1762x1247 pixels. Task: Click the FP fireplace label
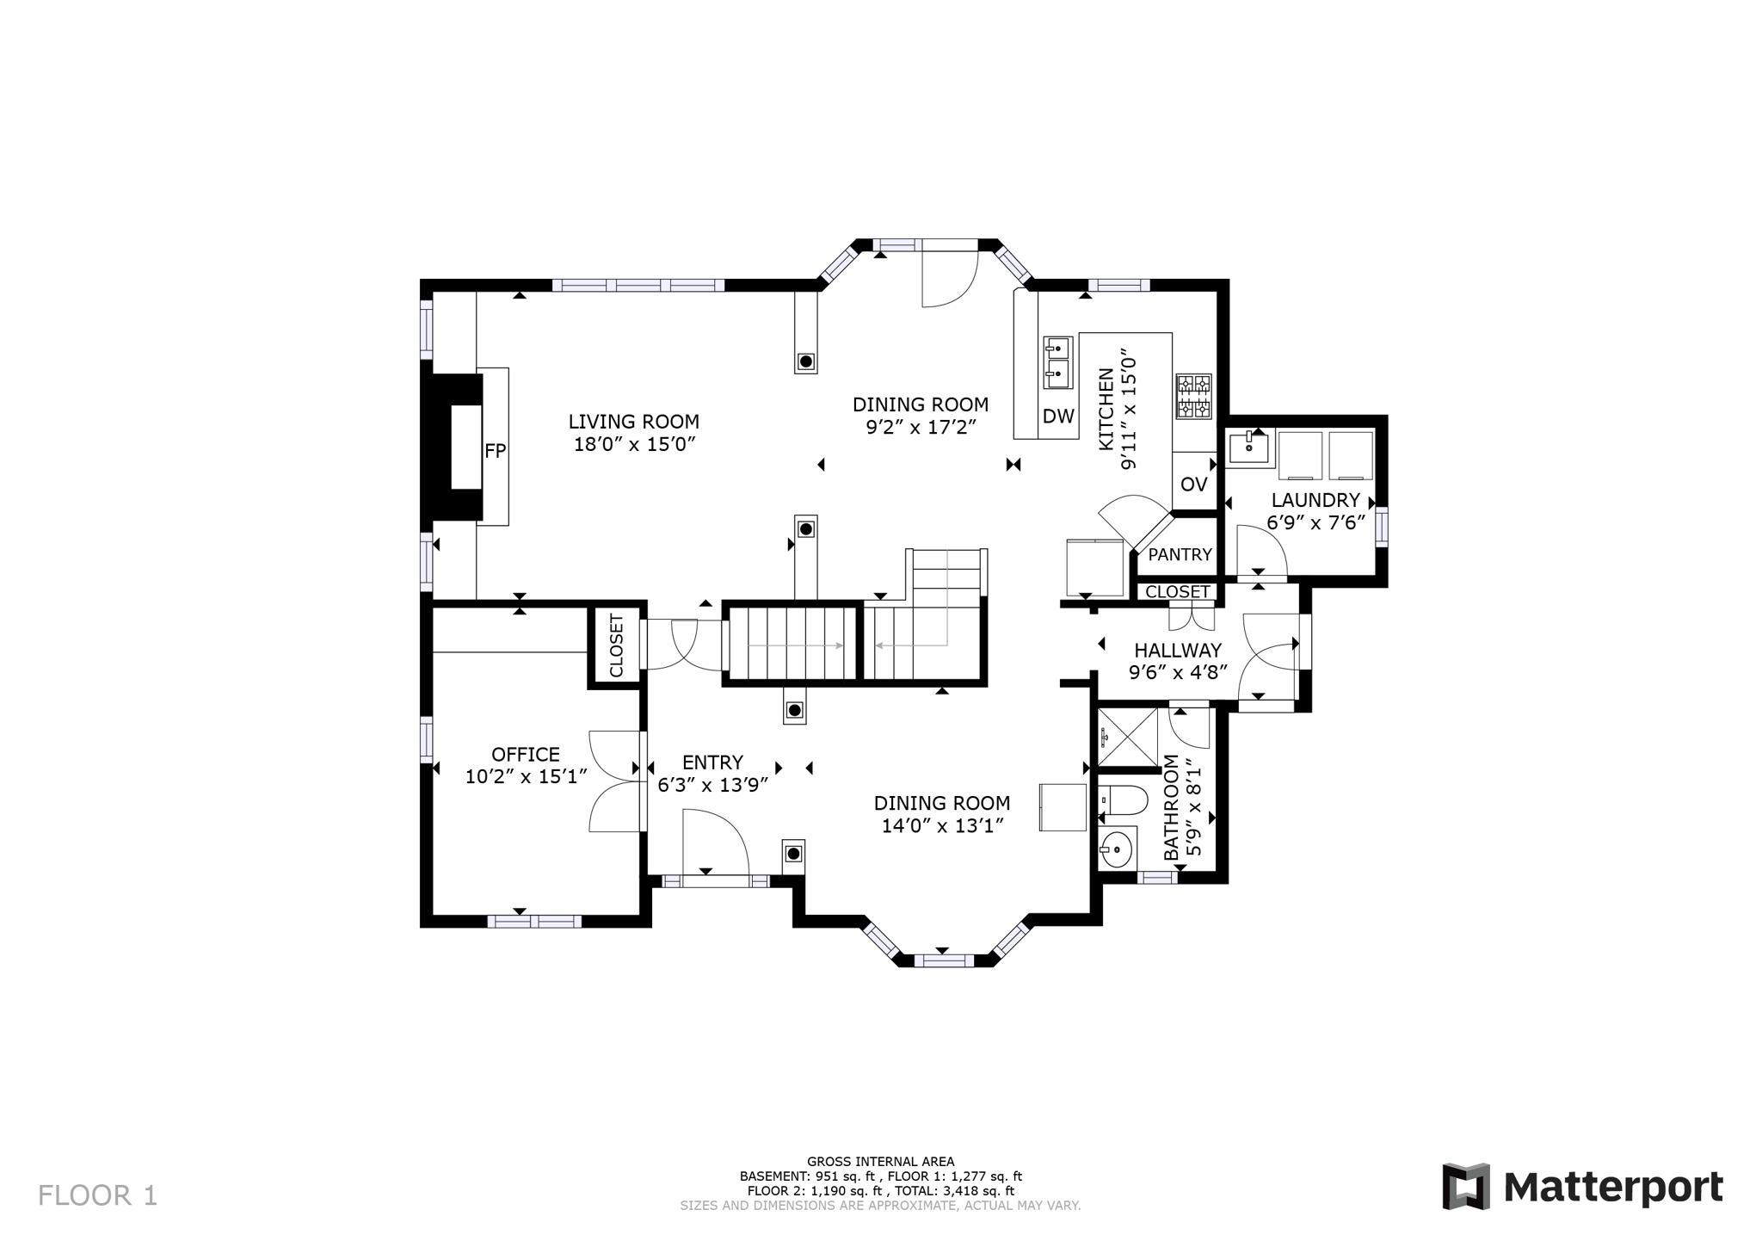point(495,450)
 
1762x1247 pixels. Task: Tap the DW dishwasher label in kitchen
point(1058,417)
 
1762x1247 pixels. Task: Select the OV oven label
point(1193,485)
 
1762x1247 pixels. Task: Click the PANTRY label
point(1180,555)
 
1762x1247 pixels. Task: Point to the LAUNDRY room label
point(1315,500)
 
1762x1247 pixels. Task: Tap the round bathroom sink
point(1117,850)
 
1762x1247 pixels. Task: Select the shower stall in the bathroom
point(1129,738)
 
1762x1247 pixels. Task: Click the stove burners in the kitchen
point(1193,396)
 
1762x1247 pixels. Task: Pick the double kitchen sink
point(1057,361)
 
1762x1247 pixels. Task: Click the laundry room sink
point(1249,448)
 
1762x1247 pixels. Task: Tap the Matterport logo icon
point(1466,1187)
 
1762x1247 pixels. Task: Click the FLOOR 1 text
point(98,1195)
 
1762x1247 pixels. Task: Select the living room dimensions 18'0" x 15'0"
point(634,445)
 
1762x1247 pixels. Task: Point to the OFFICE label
point(526,755)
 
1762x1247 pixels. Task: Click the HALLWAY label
point(1178,651)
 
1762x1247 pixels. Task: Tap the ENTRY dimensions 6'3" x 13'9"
point(712,785)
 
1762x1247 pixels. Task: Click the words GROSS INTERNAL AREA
point(880,1162)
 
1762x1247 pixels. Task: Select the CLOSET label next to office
point(616,646)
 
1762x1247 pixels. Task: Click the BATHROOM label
point(1172,807)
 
